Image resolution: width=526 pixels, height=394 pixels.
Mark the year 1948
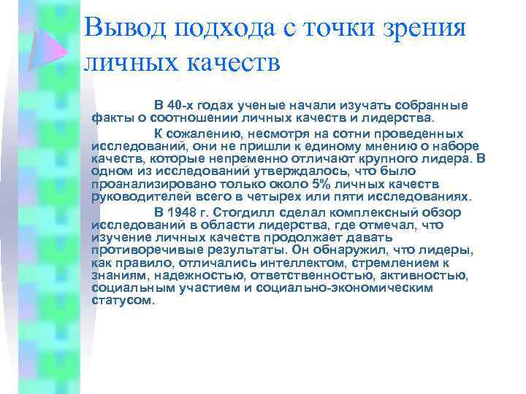[182, 212]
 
